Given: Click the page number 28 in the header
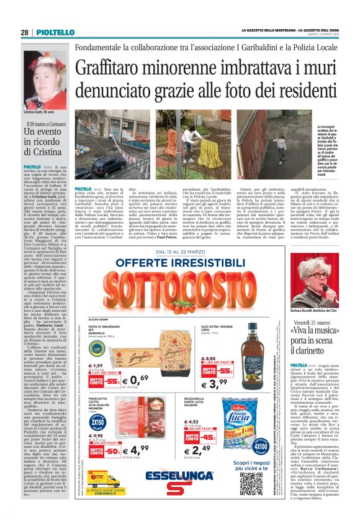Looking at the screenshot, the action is pyautogui.click(x=24, y=32).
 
